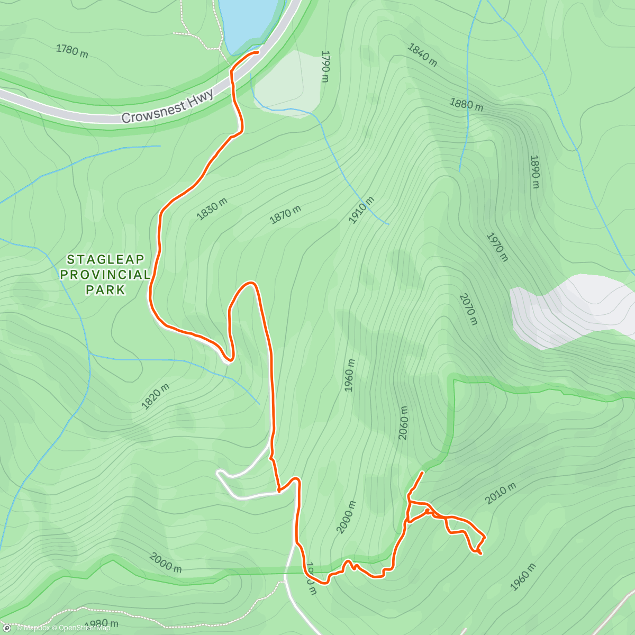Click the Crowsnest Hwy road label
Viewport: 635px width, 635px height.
[x=167, y=106]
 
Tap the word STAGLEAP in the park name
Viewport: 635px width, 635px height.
[x=106, y=260]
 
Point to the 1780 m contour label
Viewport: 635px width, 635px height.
[x=72, y=51]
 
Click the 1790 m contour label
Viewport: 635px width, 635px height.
[x=325, y=67]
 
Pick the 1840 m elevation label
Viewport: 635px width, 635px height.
[x=422, y=55]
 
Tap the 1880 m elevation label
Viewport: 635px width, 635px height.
[x=466, y=104]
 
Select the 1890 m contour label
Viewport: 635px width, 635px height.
[x=535, y=171]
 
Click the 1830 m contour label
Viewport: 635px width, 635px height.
[x=212, y=209]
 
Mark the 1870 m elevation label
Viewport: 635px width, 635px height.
[x=285, y=215]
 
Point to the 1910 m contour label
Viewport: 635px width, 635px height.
[x=361, y=210]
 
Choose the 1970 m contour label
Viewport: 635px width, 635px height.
[x=497, y=247]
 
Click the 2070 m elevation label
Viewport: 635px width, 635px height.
[x=468, y=309]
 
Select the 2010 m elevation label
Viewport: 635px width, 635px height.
[x=500, y=494]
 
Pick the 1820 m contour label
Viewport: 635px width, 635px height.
[x=156, y=397]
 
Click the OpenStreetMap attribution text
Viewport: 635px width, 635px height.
[x=84, y=628]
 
